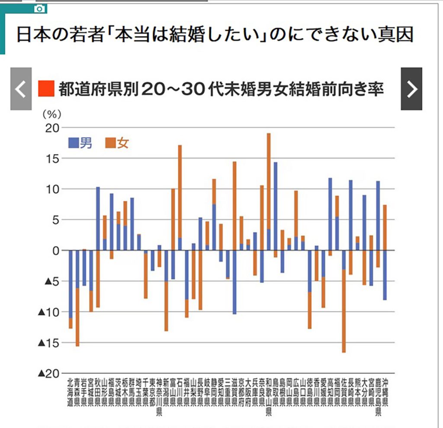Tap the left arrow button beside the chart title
coord(21,89)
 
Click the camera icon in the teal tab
coord(39,8)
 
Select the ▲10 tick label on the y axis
coord(48,312)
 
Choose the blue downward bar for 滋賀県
coord(234,282)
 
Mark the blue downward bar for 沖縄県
coord(385,275)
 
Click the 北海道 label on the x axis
coord(71,392)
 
